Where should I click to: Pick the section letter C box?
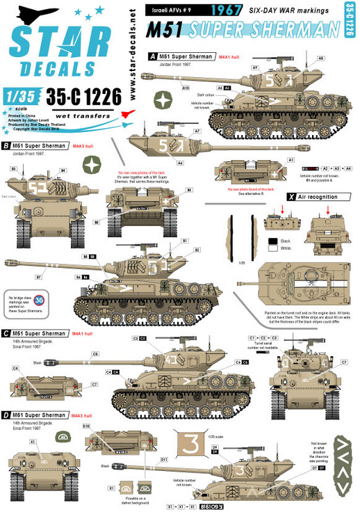click(6, 334)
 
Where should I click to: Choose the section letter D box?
click(6, 415)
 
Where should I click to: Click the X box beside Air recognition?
click(288, 198)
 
